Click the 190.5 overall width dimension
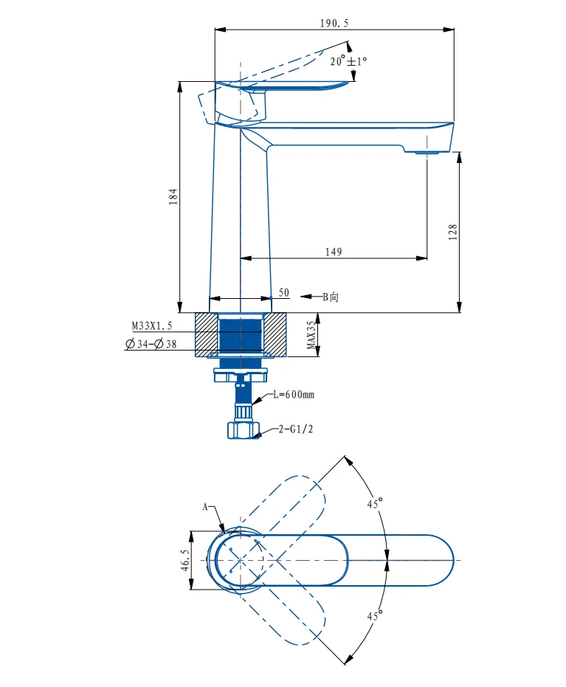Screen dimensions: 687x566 334,24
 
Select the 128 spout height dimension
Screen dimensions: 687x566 453,231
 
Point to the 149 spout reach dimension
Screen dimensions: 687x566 333,252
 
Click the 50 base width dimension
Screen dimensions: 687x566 283,293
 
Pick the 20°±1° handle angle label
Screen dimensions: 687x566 348,61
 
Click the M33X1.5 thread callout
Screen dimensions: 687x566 151,325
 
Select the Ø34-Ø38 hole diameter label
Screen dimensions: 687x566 152,344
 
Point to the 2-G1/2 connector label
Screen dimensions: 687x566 295,429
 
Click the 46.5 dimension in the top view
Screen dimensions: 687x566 184,560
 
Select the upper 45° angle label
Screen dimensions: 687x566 376,505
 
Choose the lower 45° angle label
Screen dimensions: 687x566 376,615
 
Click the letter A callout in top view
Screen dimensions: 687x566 207,507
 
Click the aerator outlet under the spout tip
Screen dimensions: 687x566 426,153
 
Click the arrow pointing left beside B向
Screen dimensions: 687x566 309,297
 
